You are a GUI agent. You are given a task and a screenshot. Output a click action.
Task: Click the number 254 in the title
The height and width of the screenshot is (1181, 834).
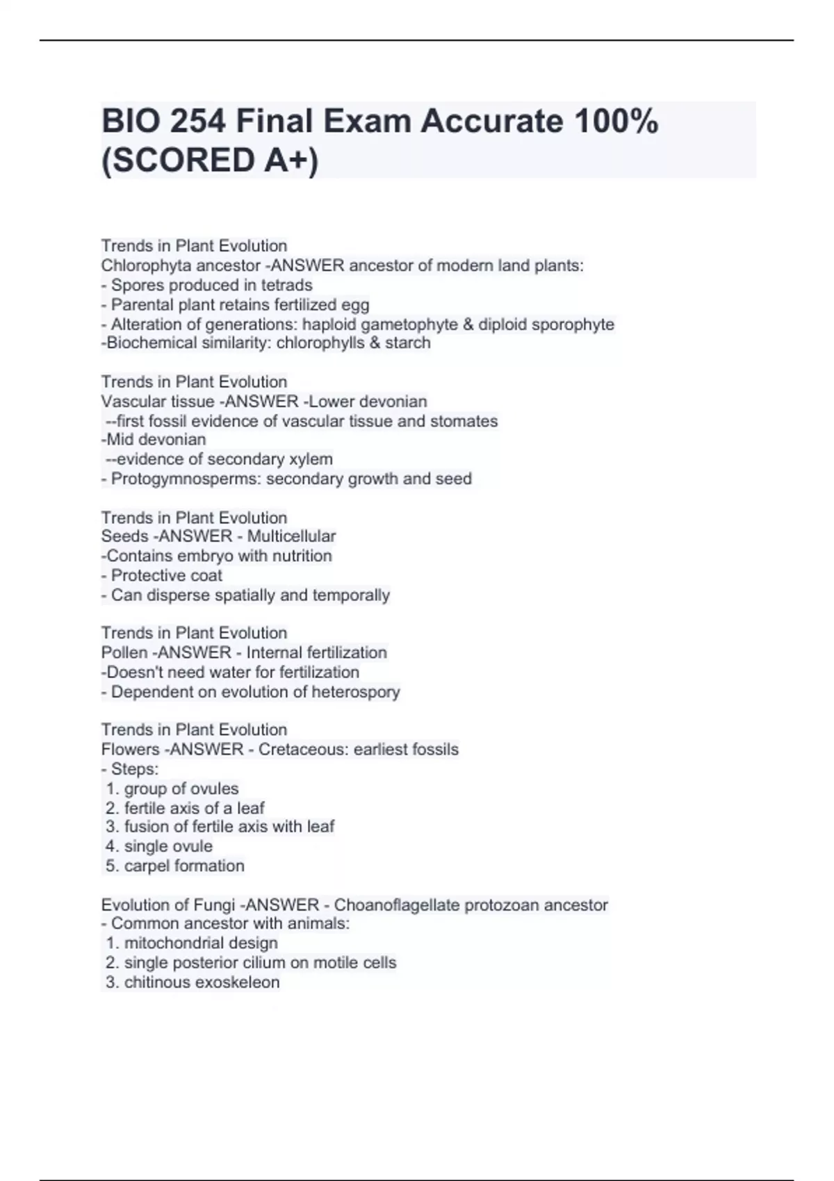197,122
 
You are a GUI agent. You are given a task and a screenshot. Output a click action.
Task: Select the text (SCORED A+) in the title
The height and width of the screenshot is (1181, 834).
210,160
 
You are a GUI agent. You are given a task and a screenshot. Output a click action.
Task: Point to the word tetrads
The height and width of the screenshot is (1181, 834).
286,285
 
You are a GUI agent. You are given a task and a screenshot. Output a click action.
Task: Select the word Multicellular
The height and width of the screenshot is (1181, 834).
291,536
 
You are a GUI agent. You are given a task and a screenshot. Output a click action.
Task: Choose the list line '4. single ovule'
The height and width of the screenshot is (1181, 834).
160,846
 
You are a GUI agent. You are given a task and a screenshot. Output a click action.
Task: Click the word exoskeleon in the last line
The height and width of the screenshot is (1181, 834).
238,982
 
